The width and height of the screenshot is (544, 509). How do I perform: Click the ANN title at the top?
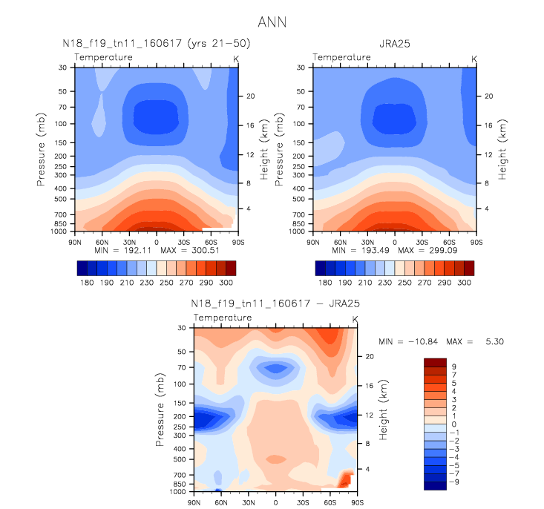(272, 22)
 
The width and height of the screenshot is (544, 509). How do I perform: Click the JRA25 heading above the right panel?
(395, 44)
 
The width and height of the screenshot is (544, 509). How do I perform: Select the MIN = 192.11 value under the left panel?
(122, 251)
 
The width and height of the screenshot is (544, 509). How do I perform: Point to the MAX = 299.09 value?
(427, 251)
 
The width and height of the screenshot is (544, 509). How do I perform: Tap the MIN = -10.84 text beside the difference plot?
(408, 342)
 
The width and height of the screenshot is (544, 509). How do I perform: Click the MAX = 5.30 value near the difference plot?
(475, 342)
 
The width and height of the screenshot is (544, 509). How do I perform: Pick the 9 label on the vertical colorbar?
(453, 367)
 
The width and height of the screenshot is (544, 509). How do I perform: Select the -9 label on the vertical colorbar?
(454, 482)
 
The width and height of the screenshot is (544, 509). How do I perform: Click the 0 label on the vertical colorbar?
(453, 424)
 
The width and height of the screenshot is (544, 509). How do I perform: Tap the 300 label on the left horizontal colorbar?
(226, 283)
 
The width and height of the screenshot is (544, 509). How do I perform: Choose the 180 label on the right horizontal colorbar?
(325, 283)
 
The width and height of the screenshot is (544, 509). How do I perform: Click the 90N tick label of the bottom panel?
(194, 502)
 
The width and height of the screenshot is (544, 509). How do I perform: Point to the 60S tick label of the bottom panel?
(330, 502)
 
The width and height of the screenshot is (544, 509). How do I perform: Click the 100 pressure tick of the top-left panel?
(60, 124)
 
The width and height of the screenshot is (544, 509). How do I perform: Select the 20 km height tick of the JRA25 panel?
(488, 96)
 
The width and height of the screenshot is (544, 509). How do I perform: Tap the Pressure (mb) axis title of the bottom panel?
(160, 410)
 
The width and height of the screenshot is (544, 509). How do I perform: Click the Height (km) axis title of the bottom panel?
(383, 410)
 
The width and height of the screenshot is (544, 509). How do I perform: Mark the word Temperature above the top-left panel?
(103, 57)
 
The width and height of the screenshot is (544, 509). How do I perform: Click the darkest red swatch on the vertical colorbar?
(435, 363)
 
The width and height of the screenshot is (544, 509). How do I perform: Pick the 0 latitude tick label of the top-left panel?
(157, 242)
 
